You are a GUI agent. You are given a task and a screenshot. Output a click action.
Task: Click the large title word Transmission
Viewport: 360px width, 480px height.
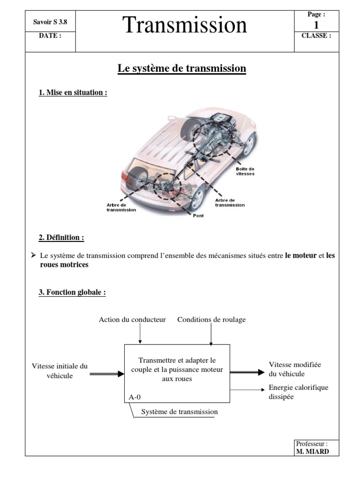185,25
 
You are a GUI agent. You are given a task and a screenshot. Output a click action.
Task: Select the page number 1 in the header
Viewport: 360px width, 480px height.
316,25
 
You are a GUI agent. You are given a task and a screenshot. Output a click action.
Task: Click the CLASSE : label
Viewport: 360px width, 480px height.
316,36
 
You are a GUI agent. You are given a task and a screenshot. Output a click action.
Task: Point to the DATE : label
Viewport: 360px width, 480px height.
50,36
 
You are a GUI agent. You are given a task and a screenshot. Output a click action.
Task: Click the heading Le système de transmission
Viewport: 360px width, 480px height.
181,68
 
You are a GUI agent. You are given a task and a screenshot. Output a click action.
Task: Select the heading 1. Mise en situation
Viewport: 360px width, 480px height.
73,93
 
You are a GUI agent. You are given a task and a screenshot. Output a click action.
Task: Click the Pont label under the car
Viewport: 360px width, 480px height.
198,216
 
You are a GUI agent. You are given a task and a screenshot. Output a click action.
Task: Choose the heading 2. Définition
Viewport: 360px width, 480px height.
61,238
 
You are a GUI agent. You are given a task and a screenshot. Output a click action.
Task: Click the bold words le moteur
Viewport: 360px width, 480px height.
300,255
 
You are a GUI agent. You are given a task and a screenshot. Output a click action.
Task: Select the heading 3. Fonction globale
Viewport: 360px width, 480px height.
72,292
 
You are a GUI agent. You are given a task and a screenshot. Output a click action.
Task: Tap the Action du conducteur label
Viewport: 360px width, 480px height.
132,320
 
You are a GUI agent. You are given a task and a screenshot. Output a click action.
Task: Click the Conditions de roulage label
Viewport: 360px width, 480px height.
211,320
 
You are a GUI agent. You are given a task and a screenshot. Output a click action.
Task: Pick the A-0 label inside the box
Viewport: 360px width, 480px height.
135,397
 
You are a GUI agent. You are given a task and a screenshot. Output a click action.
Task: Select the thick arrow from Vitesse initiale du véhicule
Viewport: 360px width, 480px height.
106,374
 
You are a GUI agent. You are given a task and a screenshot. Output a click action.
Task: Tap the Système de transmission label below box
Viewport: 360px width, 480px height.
180,412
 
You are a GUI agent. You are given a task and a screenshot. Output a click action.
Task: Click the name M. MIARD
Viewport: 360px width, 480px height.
312,451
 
